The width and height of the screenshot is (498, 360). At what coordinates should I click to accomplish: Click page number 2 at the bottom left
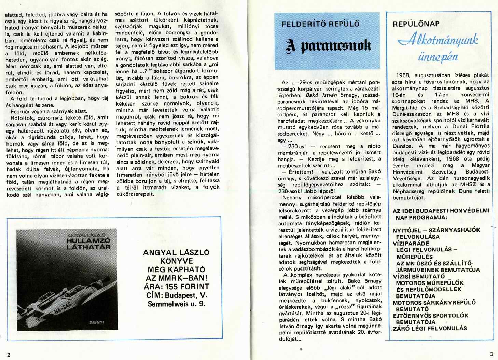(x=9, y=354)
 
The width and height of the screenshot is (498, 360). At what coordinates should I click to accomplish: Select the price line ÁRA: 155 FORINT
(x=176, y=287)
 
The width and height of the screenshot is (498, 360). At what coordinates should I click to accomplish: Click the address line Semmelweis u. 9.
(x=176, y=304)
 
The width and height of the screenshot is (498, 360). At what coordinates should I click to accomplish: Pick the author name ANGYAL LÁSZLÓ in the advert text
(x=176, y=252)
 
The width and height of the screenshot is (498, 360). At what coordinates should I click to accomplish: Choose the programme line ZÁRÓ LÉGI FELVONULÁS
(x=430, y=328)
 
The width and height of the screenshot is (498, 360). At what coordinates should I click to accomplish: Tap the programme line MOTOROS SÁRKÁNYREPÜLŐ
(x=434, y=302)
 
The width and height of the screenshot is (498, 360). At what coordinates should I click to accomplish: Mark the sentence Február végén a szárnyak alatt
(x=49, y=111)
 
